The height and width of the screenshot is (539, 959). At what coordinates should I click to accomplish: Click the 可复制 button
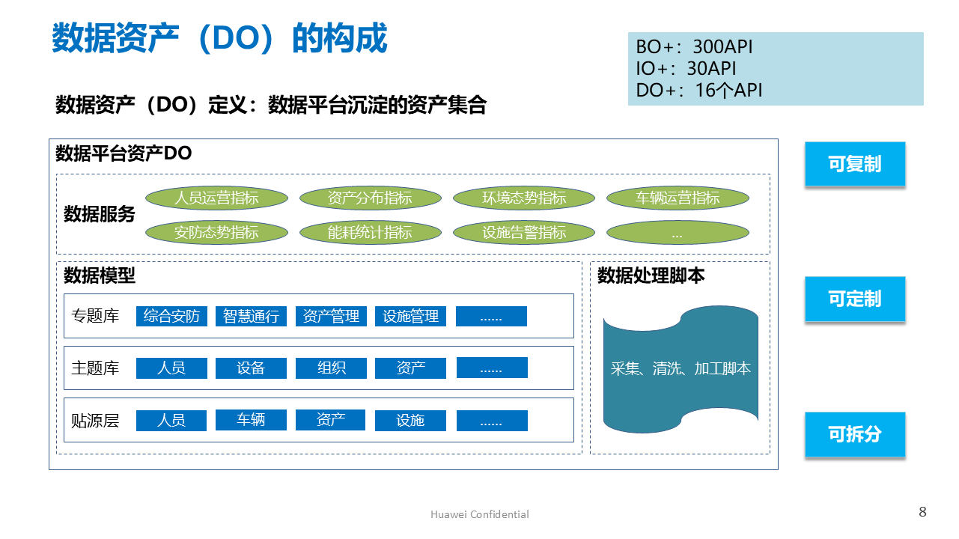tap(855, 164)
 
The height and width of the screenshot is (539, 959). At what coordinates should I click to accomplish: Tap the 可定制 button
tap(855, 299)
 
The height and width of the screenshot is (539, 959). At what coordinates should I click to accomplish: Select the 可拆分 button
tap(855, 434)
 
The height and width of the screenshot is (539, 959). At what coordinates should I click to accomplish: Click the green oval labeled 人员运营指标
tap(216, 198)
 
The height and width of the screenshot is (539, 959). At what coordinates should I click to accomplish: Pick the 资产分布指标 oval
tap(370, 198)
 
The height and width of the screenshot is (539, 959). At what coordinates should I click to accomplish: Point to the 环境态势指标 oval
tap(524, 198)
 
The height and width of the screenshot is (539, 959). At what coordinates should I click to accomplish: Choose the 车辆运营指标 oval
tap(678, 198)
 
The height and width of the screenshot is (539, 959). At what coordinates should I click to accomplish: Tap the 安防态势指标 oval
tap(216, 233)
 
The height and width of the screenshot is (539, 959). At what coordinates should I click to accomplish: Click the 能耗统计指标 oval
tap(370, 233)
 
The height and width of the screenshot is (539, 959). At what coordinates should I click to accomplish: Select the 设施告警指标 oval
tap(524, 233)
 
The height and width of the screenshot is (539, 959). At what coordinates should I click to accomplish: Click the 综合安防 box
tap(171, 316)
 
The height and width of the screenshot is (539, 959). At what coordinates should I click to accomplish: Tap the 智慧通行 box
tap(251, 316)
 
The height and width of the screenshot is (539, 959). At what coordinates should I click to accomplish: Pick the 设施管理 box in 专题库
tap(410, 316)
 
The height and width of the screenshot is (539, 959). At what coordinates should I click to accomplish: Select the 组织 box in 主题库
tap(331, 368)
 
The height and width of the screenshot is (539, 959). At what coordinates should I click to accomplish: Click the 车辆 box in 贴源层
tap(251, 419)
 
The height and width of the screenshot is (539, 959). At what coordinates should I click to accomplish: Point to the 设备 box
tap(251, 368)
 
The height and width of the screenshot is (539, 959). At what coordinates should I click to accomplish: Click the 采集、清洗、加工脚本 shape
tap(681, 368)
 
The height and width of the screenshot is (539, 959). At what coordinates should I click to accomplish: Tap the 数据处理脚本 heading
tap(651, 276)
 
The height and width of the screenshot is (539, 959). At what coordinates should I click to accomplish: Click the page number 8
tap(922, 512)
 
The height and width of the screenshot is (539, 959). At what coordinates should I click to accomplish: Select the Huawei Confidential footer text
tap(480, 514)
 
